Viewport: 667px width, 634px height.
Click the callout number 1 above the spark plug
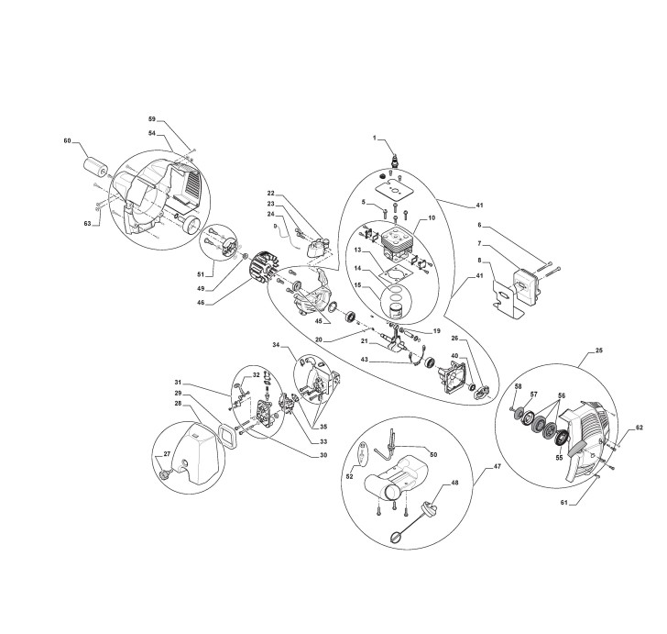pos(374,138)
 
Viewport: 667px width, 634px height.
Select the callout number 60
pos(67,140)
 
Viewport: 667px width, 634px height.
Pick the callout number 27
pos(166,454)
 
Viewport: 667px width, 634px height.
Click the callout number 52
pos(350,476)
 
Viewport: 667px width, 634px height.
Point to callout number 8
pos(478,261)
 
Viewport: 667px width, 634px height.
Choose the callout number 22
pos(271,193)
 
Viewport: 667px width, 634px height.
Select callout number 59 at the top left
pos(153,119)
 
